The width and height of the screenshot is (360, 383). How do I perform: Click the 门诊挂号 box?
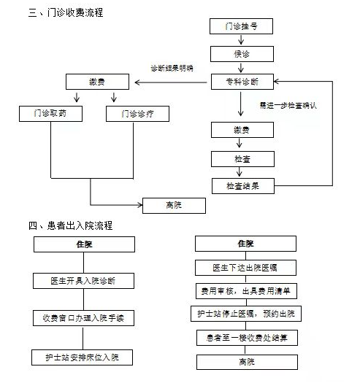pos(241,26)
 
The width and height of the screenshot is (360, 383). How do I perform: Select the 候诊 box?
pos(242,54)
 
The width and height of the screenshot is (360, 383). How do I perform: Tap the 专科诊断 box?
pos(242,82)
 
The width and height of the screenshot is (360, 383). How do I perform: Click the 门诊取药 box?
pos(50,114)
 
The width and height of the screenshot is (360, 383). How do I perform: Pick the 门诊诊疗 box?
pos(137,114)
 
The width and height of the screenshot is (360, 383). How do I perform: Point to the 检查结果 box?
pos(243,186)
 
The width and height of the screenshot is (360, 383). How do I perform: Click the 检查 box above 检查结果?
pos(242,159)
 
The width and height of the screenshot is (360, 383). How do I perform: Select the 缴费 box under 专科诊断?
pos(242,130)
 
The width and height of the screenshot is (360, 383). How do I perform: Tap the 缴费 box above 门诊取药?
pos(97,82)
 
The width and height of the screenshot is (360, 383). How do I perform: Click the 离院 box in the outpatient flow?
pos(174,206)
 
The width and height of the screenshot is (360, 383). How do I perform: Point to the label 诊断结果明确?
pos(172,68)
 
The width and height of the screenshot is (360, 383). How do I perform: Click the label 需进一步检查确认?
pos(288,106)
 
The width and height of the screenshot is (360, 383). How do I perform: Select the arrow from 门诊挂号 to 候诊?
pos(241,39)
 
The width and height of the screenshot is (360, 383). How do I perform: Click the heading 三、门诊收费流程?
pos(66,12)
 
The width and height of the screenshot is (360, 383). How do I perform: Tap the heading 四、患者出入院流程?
pos(70,225)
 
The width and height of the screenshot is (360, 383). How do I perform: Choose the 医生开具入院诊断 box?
pos(84,281)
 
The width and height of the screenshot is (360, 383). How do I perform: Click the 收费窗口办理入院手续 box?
pos(83,318)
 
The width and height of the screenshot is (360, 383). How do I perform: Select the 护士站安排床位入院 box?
pos(83,357)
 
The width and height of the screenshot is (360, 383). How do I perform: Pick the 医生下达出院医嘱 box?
pos(245,268)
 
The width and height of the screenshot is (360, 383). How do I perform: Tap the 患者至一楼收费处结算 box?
pos(247,338)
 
